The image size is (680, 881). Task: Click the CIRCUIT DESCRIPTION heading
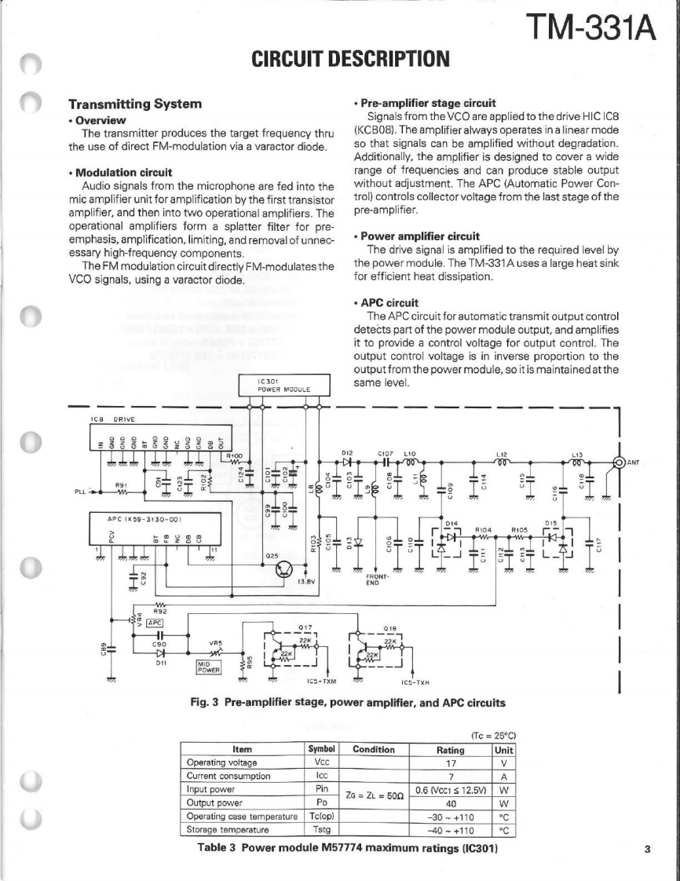[x=350, y=58]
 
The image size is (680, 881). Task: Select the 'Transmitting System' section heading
[x=136, y=104]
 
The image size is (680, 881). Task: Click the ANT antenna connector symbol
[x=620, y=462]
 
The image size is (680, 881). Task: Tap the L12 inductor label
[x=500, y=453]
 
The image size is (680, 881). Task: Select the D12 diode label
[x=348, y=453]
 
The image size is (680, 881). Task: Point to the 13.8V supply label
[x=306, y=583]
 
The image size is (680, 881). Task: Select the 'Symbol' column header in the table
[x=320, y=749]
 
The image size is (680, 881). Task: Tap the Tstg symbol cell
[x=320, y=828]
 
